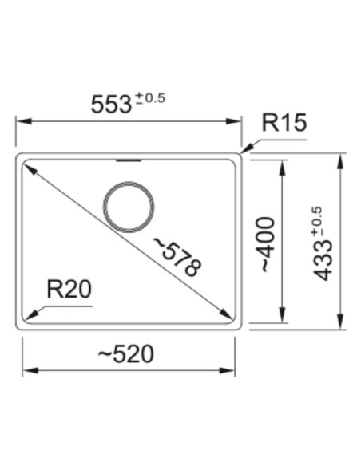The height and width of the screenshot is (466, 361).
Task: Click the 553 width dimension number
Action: [111, 105]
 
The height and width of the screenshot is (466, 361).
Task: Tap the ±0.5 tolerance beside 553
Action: [150, 98]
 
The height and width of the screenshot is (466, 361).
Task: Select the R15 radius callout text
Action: [284, 122]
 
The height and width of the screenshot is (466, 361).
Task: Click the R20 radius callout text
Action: [69, 289]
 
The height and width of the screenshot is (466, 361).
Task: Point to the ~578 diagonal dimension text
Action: [178, 256]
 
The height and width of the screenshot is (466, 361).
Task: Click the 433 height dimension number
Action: [323, 260]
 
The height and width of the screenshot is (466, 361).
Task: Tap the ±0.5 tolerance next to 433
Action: [317, 222]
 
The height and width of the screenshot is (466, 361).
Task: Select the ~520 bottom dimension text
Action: [125, 354]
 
